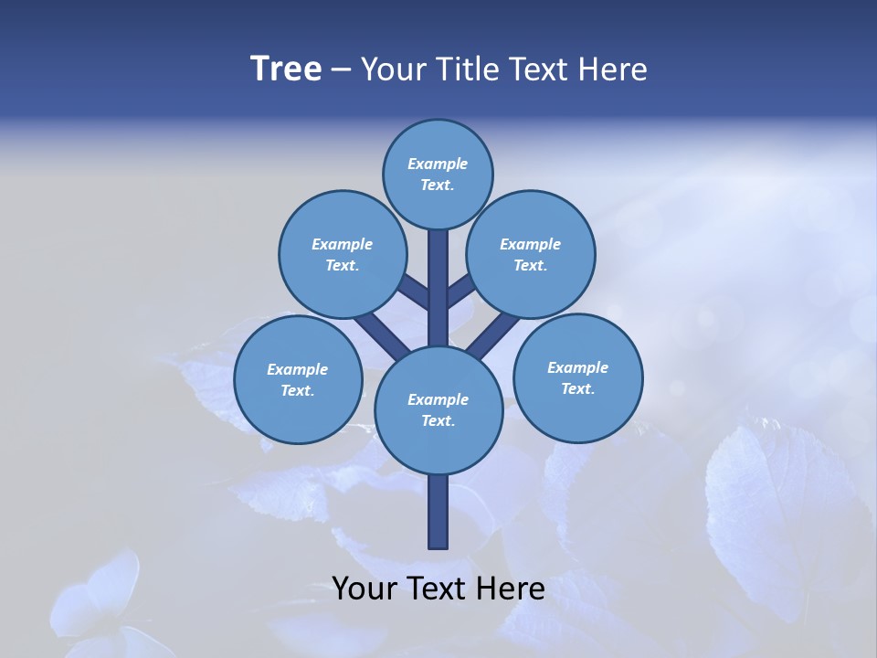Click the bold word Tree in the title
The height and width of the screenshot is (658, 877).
(286, 69)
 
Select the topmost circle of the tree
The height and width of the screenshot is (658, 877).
(438, 174)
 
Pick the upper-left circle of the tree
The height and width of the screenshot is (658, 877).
(342, 254)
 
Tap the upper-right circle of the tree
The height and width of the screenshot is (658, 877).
(531, 254)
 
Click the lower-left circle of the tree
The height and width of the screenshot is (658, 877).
(298, 379)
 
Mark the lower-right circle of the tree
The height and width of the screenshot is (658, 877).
(577, 377)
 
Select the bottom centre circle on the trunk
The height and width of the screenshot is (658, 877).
(438, 409)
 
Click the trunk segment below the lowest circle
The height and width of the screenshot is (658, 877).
(438, 512)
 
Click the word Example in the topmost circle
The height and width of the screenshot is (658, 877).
(438, 164)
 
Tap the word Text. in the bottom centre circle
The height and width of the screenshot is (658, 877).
(438, 421)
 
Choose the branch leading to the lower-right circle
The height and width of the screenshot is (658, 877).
(494, 333)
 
